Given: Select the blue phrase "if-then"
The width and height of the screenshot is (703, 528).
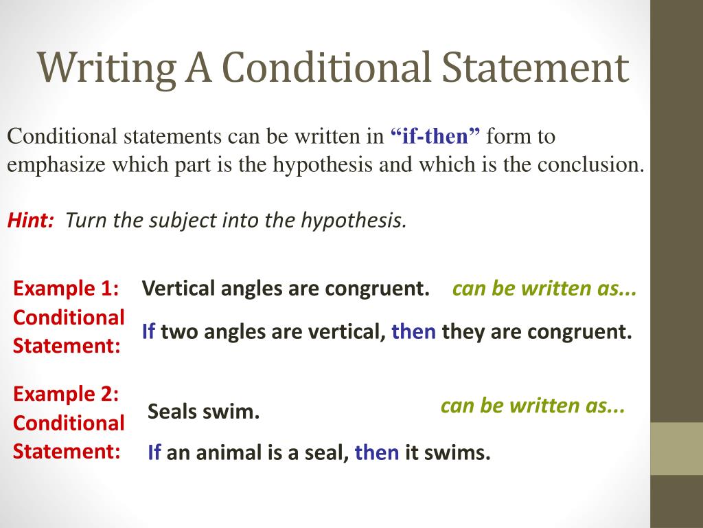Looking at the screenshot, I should [436, 137].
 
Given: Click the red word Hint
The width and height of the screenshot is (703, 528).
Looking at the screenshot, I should [30, 220].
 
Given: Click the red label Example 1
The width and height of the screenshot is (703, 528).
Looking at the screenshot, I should [66, 288].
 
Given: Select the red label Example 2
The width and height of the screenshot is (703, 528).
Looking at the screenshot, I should [66, 394].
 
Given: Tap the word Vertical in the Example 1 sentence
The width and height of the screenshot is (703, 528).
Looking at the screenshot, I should [178, 288].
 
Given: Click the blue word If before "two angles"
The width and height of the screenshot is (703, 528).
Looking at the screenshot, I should [148, 333].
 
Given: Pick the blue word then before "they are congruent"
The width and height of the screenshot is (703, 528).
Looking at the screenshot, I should [413, 333].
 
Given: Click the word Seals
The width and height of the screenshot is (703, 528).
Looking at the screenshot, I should [172, 412].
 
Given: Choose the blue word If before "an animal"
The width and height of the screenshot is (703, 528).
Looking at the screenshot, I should [154, 453].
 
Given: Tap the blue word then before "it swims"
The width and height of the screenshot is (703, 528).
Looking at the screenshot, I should [376, 453].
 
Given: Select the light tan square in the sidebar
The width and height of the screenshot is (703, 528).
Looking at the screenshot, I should [676, 448].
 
